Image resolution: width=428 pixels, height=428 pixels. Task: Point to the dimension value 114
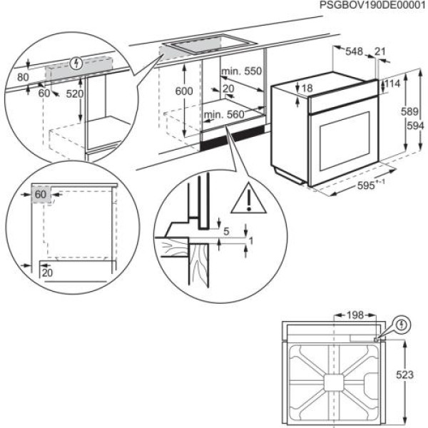[392, 84]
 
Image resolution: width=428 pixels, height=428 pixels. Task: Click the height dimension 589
[407, 111]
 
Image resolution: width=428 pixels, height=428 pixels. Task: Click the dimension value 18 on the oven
[307, 88]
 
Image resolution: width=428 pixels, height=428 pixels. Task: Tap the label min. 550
[241, 71]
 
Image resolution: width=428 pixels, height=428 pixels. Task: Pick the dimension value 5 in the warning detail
[227, 231]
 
